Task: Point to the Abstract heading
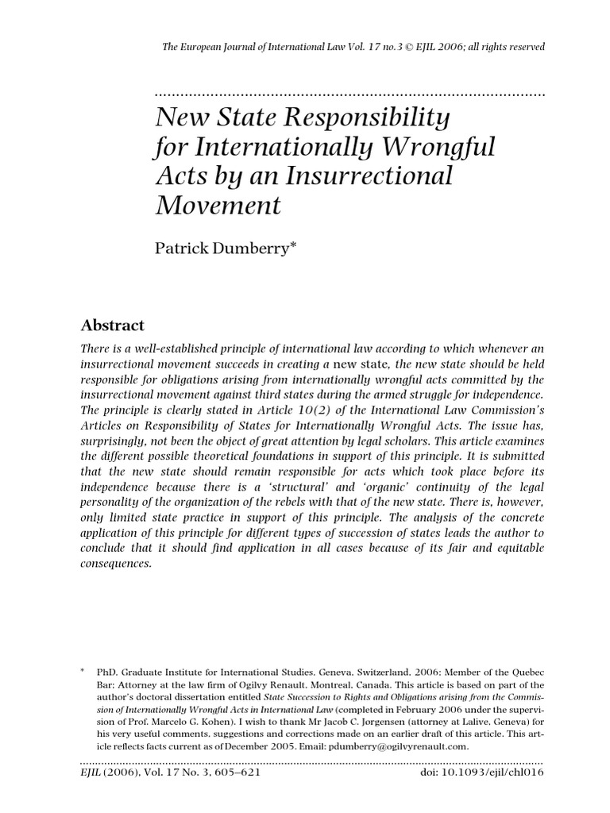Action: point(113,326)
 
